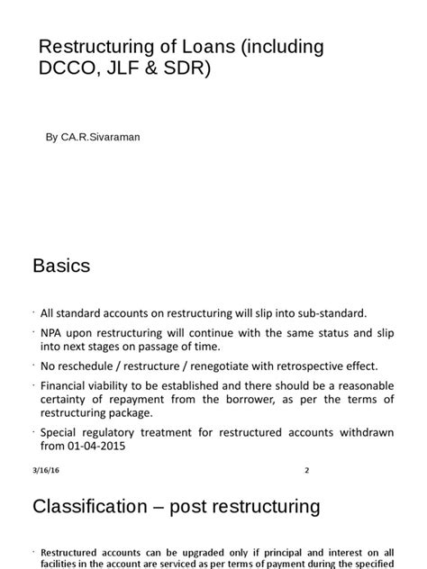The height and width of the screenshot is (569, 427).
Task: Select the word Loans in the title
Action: pos(192,46)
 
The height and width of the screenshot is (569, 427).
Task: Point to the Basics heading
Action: pos(61,266)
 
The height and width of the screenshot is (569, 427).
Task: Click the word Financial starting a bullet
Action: pos(65,384)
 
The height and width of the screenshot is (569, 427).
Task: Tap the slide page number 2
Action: pos(306,470)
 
